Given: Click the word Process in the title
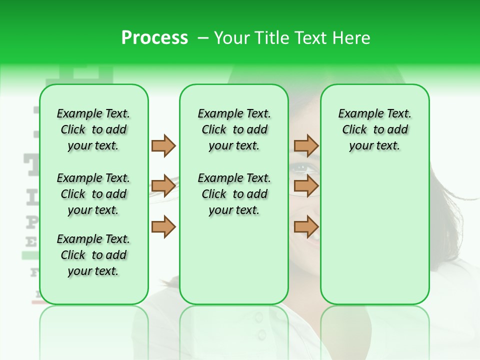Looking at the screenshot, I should [x=154, y=38].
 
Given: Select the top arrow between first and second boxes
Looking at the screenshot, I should [x=163, y=145].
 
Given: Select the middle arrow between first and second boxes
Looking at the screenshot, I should [x=163, y=186].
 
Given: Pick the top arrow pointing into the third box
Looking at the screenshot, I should [x=306, y=145].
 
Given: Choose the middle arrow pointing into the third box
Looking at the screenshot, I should [x=306, y=186].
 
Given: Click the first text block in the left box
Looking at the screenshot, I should [x=93, y=129].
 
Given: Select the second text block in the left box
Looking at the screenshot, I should [x=93, y=194].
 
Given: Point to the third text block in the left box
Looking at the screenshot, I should [x=93, y=255].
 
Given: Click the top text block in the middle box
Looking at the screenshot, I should [x=234, y=129].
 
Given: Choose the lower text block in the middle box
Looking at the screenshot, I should [x=234, y=194].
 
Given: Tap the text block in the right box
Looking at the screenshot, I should [x=374, y=129].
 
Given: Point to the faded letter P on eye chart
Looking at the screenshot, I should [x=31, y=221].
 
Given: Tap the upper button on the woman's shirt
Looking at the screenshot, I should [x=258, y=317].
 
